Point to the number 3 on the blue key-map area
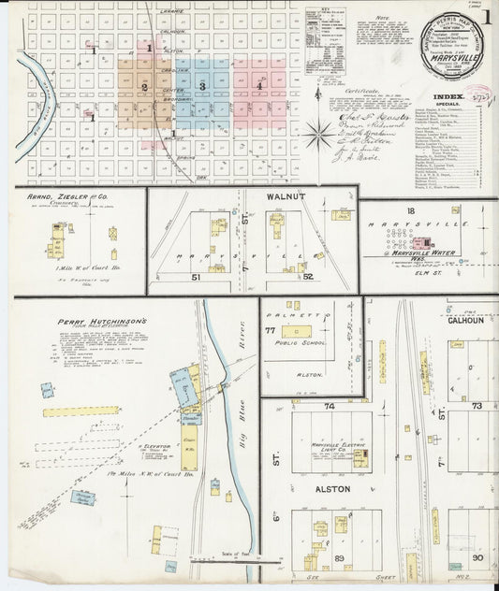[x=201, y=86]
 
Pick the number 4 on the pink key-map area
[x=259, y=86]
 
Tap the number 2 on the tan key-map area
[x=144, y=88]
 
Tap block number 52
[x=307, y=277]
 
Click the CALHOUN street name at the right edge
[x=464, y=320]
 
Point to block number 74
[x=330, y=408]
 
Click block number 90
[x=477, y=557]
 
